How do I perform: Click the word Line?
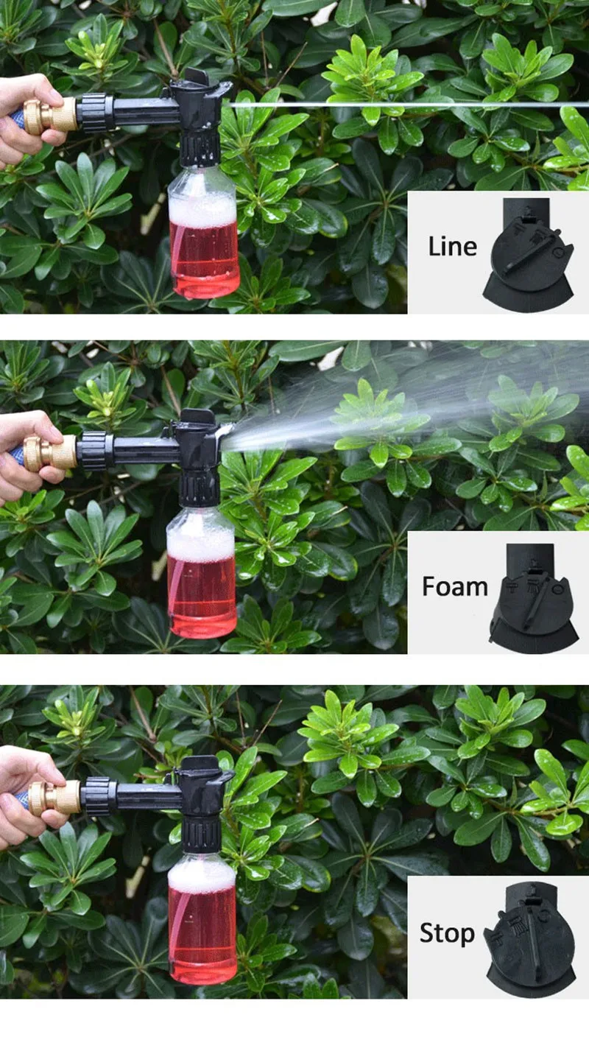coord(452,247)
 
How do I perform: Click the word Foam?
coord(455,587)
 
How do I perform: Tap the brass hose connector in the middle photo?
coord(50,453)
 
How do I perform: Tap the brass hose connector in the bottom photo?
coord(54,797)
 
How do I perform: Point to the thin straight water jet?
coord(409,105)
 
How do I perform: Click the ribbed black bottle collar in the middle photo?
coord(200,489)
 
